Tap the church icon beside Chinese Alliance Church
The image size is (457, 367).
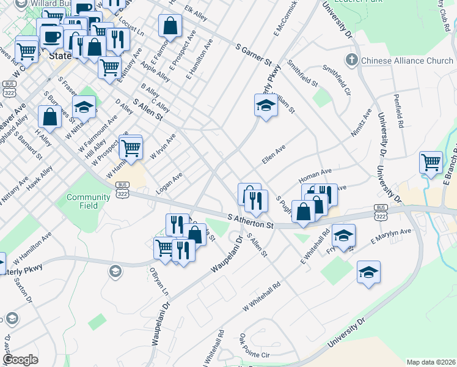[351, 60]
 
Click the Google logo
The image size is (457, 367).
[20, 360]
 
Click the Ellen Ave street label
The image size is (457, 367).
[274, 154]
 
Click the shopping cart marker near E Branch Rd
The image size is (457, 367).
[431, 162]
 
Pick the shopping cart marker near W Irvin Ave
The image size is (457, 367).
[131, 147]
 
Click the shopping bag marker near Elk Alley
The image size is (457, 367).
[170, 26]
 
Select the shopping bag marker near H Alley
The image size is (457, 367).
[49, 116]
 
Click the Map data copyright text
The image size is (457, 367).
[430, 362]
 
